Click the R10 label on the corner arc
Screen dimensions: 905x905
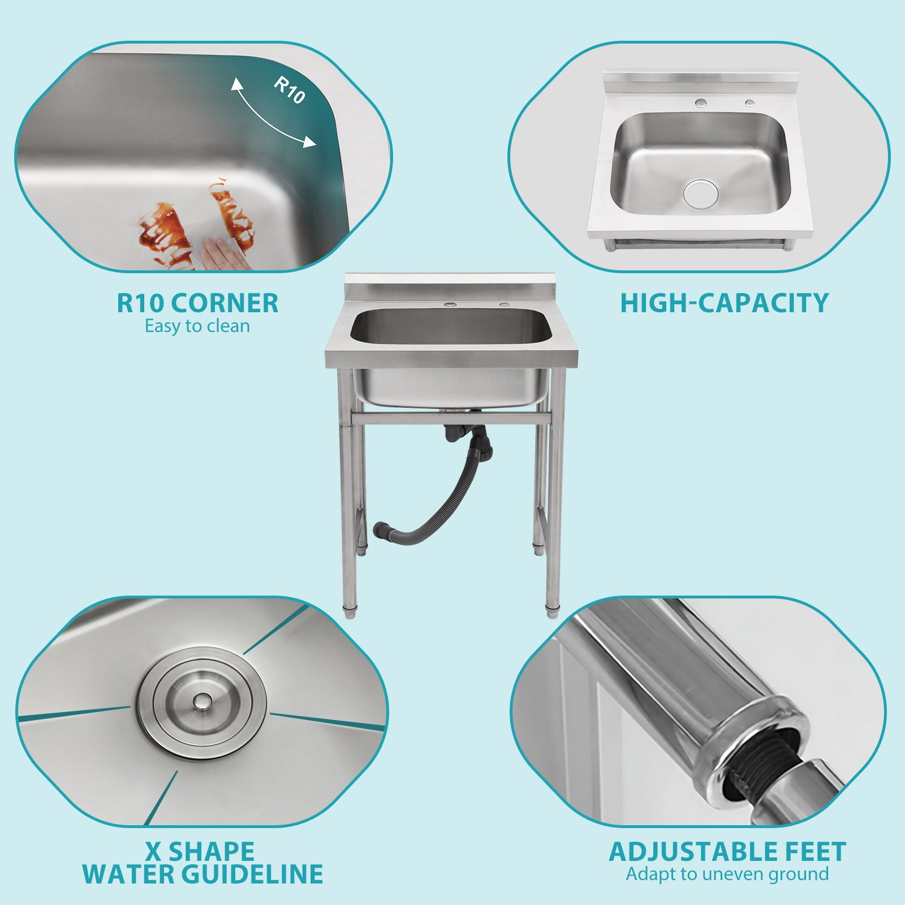289,90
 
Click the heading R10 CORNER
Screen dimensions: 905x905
197,303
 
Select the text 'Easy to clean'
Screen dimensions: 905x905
197,326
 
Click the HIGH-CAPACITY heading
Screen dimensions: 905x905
724,303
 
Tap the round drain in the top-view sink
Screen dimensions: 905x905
701,193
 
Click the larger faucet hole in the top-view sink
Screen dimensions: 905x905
701,103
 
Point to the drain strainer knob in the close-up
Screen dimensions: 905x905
201,702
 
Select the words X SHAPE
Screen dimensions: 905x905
200,851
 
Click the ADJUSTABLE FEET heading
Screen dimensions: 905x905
727,852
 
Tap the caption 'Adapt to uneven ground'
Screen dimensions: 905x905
727,874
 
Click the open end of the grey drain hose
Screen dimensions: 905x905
380,529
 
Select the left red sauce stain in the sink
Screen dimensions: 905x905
164,232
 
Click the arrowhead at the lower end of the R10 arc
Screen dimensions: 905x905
309,143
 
